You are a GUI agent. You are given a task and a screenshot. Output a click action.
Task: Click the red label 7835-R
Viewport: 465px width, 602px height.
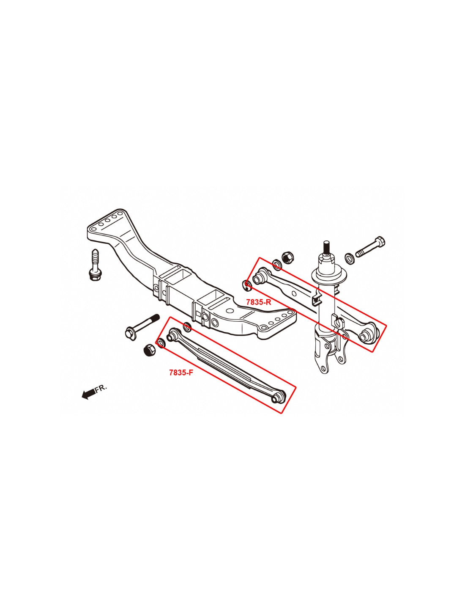tap(258, 302)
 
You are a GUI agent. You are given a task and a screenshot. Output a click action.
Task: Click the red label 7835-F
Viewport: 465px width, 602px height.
tap(181, 373)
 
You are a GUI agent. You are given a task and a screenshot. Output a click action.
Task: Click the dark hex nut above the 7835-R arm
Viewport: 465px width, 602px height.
tap(288, 258)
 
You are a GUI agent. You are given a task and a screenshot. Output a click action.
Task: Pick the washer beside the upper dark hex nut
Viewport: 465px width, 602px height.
tap(277, 264)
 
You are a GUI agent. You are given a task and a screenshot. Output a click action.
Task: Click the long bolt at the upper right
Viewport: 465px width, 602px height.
tap(370, 246)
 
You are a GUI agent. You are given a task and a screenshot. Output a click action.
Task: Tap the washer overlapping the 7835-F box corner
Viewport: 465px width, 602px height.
tap(161, 343)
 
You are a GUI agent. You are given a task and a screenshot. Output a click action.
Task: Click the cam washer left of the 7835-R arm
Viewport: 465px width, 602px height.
tap(247, 285)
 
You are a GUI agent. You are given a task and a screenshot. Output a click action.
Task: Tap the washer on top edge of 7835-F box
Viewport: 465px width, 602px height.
tap(187, 327)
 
